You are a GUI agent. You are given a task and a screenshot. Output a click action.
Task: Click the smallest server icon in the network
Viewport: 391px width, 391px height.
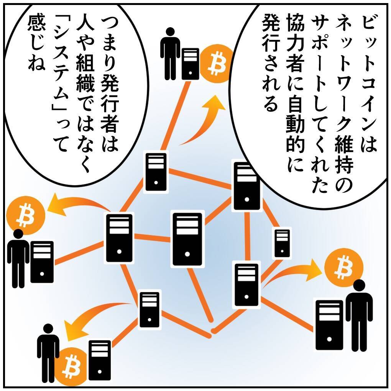[x=282, y=243]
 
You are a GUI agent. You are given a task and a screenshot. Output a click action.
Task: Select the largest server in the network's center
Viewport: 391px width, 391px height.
[x=187, y=239]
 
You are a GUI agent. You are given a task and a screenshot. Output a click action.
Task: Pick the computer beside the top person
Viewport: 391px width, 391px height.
[x=190, y=64]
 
